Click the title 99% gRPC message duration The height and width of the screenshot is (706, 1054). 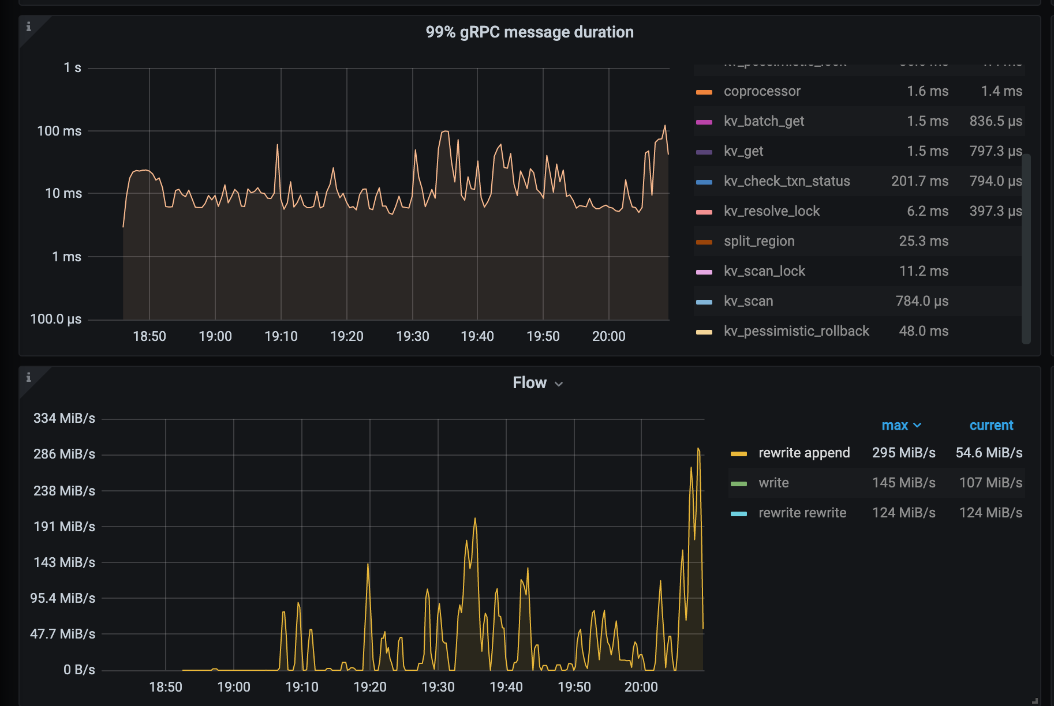(529, 32)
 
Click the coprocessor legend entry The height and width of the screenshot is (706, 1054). (762, 91)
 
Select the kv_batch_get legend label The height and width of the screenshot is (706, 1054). (764, 121)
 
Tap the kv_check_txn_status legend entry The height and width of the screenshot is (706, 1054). (786, 181)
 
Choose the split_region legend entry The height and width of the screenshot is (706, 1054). (759, 241)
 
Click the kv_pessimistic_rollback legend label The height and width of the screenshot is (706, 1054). (796, 331)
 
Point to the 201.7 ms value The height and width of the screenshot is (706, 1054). (919, 181)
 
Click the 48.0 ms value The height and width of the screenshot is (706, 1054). (923, 331)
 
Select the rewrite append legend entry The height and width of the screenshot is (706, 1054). (803, 453)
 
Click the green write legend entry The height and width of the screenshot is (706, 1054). (773, 483)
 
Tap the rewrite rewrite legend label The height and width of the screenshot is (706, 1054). (802, 513)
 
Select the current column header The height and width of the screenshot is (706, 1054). (991, 426)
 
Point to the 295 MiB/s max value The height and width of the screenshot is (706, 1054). (903, 453)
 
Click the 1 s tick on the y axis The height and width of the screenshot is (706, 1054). (72, 68)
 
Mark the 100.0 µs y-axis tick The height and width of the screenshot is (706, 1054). (56, 319)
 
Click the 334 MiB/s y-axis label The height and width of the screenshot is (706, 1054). (64, 418)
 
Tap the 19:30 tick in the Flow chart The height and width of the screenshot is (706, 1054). (438, 687)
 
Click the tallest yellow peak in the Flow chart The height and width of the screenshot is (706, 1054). (698, 449)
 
